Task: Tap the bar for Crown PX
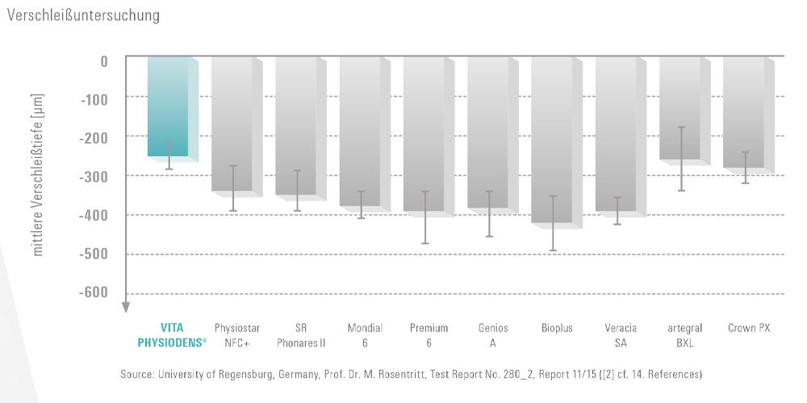(x=743, y=112)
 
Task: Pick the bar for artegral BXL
(x=679, y=108)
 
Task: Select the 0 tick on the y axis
(x=104, y=60)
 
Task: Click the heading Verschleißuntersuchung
(x=82, y=15)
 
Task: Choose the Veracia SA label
(x=617, y=335)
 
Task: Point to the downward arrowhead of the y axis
(x=126, y=306)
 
